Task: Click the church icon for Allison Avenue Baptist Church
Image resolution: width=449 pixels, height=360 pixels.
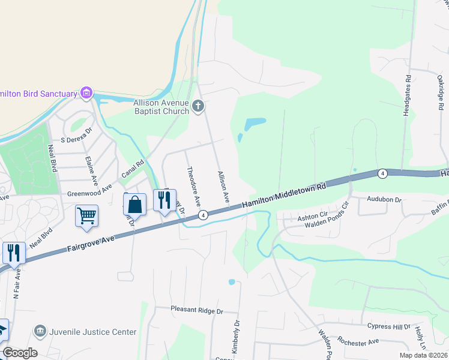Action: (199, 107)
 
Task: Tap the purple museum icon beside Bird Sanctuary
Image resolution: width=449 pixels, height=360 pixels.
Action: (87, 93)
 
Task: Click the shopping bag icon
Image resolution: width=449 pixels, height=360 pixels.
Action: (135, 204)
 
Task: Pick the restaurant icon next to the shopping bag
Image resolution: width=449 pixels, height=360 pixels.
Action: (164, 200)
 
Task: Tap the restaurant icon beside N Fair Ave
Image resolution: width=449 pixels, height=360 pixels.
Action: (14, 252)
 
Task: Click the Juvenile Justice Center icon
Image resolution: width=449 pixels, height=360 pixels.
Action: (40, 331)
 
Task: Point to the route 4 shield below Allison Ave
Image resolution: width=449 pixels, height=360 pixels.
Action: (203, 215)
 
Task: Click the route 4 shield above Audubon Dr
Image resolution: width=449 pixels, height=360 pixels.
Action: (382, 173)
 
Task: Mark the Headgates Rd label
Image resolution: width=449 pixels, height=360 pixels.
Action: (408, 95)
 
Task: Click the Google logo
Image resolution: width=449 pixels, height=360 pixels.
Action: (20, 353)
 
